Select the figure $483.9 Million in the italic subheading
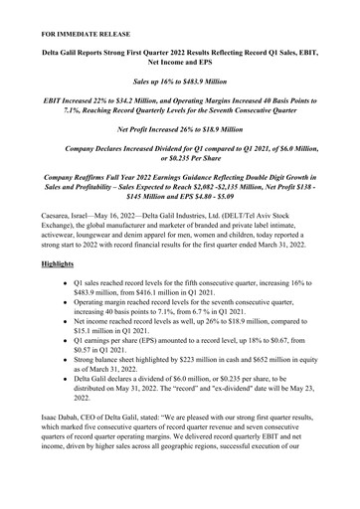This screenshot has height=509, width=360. (215, 77)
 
